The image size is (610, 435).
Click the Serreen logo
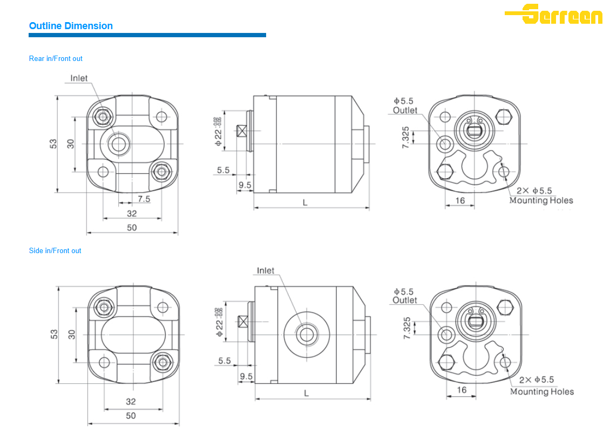pos(554,14)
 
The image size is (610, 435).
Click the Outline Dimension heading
pos(71,26)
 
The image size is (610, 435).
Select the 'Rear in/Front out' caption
pos(56,58)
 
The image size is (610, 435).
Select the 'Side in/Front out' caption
pos(55,250)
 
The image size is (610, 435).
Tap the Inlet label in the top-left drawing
pos(79,78)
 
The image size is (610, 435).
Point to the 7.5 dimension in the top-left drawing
pos(144,199)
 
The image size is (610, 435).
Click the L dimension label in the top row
pos(305,202)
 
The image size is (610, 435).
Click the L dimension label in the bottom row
pos(306,393)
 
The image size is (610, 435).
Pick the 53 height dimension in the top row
pos(53,144)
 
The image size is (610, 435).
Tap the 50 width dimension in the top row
pos(132,227)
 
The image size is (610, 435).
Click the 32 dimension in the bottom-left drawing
pos(131,402)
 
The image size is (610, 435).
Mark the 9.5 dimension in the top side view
pos(245,185)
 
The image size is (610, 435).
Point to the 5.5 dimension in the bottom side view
pos(225,361)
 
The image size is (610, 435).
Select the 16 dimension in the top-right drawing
pos(460,200)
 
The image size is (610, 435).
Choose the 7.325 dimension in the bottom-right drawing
pos(408,328)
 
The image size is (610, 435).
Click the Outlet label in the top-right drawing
pos(405,110)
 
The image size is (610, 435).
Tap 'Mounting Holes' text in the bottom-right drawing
pos(542,392)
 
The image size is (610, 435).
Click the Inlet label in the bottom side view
pos(266,270)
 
